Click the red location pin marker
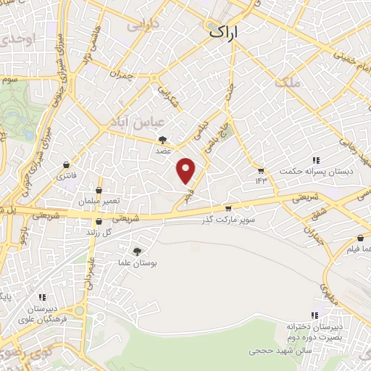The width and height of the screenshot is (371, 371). click(x=187, y=170)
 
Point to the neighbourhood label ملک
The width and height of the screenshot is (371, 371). click(x=287, y=83)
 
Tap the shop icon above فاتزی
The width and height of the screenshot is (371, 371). click(x=67, y=164)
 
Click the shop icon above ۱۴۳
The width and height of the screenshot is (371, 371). click(x=261, y=170)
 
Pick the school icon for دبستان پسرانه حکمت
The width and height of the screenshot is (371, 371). click(x=316, y=160)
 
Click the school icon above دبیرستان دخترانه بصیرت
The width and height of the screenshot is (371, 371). click(x=314, y=315)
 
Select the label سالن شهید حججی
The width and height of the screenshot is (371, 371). click(x=279, y=350)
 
